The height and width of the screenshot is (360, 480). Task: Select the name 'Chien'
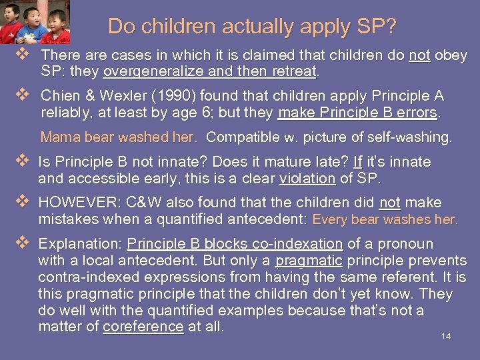point(59,96)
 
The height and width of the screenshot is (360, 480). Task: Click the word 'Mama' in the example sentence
point(57,138)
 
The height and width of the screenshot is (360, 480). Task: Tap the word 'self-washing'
point(413,138)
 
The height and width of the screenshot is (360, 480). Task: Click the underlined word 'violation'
point(307,179)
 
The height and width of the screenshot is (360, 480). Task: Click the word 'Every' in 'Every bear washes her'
point(328,219)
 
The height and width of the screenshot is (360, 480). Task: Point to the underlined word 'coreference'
point(143,327)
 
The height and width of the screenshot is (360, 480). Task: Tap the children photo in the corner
point(35,21)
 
